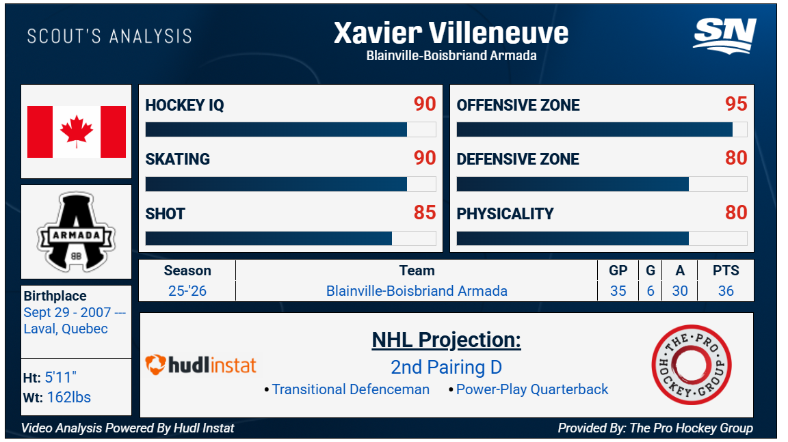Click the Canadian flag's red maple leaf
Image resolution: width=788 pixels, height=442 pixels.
pyautogui.click(x=77, y=131)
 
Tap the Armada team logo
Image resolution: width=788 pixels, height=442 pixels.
pyautogui.click(x=77, y=232)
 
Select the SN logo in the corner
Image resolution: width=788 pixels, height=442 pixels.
pyautogui.click(x=724, y=35)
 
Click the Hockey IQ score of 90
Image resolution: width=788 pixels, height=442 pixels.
pyautogui.click(x=425, y=105)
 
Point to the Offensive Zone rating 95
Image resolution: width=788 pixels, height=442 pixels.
pyautogui.click(x=736, y=105)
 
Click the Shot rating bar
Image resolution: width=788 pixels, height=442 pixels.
pyautogui.click(x=291, y=238)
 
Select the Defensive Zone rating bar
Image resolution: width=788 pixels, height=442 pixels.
pyautogui.click(x=601, y=184)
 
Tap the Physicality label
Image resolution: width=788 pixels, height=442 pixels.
pyautogui.click(x=505, y=214)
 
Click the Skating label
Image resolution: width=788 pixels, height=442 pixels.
pyautogui.click(x=177, y=159)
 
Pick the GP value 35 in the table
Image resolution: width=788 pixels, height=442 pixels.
pyautogui.click(x=618, y=291)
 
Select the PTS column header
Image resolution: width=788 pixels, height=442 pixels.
pyautogui.click(x=726, y=271)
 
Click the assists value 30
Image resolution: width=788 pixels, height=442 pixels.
pyautogui.click(x=679, y=291)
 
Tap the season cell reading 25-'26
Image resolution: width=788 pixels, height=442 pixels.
pyautogui.click(x=187, y=291)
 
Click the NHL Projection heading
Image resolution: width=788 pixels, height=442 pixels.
pyautogui.click(x=446, y=340)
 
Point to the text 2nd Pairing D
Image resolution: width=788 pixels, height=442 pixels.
pyautogui.click(x=446, y=368)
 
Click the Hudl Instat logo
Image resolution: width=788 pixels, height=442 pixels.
pyautogui.click(x=201, y=365)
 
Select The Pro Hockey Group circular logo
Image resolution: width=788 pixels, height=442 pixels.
pyautogui.click(x=692, y=365)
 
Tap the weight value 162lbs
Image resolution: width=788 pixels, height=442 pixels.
pyautogui.click(x=69, y=398)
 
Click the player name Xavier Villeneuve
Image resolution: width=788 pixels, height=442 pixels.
pyautogui.click(x=451, y=33)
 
